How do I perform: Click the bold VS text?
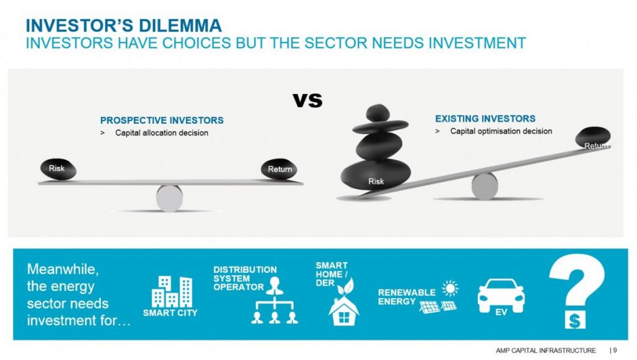click(307, 100)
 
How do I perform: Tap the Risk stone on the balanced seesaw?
click(58, 169)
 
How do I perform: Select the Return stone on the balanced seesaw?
click(279, 169)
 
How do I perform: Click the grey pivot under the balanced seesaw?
click(169, 198)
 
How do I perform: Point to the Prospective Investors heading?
click(162, 120)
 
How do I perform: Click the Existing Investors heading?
click(485, 119)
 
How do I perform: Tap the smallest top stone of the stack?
click(378, 113)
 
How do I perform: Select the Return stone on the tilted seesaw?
click(593, 137)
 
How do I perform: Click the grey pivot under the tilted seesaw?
click(485, 187)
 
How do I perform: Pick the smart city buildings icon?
click(172, 292)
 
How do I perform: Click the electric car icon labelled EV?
click(501, 297)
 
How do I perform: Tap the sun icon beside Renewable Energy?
click(450, 288)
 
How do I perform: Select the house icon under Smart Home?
click(343, 312)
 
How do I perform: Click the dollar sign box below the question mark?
click(575, 320)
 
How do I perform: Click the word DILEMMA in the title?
click(180, 25)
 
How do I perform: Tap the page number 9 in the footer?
click(615, 350)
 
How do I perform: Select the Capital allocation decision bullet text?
click(162, 132)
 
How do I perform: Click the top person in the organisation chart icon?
click(274, 286)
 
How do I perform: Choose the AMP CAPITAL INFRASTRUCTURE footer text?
click(546, 350)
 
